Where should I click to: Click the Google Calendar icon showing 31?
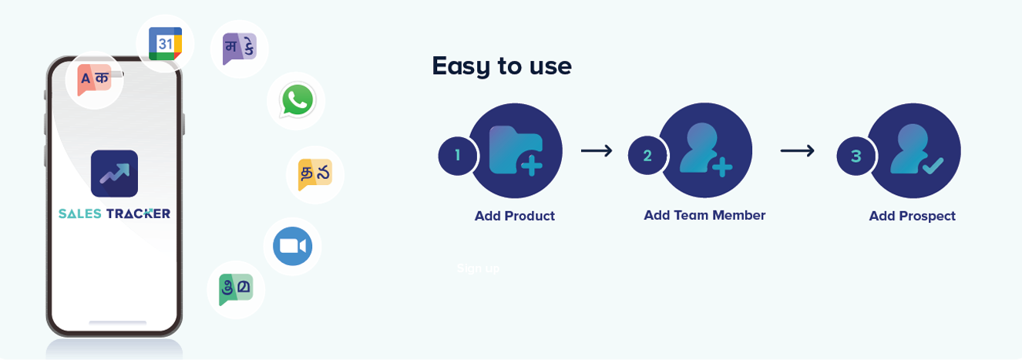165,44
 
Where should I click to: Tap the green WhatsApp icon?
297,100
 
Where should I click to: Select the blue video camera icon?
292,246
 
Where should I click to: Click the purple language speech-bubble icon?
239,49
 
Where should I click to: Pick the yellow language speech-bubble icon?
314,174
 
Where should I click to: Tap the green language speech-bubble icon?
235,289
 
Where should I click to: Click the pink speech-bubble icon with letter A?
95,79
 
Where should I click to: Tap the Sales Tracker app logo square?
114,173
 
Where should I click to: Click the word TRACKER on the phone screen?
139,214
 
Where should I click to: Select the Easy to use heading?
502,66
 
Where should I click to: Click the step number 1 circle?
457,156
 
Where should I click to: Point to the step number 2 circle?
647,156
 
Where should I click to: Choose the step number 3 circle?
856,156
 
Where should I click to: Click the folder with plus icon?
516,150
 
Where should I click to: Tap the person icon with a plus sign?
705,150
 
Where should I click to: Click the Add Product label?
514,216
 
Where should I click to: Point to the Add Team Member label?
704,215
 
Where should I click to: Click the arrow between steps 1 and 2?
596,150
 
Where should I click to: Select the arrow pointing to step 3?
797,150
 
